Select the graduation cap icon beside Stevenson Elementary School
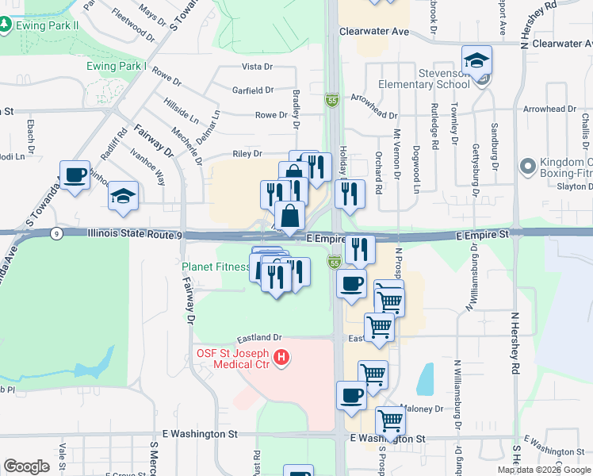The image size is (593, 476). point(477,59)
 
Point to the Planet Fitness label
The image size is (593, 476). point(216,267)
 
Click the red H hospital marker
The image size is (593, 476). point(281,359)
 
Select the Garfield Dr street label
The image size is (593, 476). point(252,90)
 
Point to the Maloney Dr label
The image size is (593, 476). point(425,409)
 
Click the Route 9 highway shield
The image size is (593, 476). point(55,233)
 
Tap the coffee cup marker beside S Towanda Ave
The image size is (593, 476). point(75,175)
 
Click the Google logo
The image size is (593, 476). point(26,466)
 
